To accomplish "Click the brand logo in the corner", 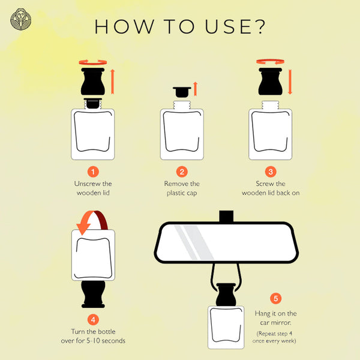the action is click(x=20, y=19).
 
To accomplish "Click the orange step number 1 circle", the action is click(x=93, y=172).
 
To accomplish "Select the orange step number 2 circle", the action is click(x=182, y=172).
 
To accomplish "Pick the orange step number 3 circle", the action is click(x=271, y=172).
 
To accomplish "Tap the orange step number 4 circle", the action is click(x=93, y=320).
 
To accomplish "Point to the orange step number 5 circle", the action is click(x=276, y=298).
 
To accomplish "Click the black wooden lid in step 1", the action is click(x=93, y=82).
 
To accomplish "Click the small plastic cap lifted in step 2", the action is click(x=182, y=92).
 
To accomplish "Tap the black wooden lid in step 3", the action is click(x=271, y=82).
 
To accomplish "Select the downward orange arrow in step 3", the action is click(x=290, y=82).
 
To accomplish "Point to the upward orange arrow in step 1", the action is click(x=113, y=82).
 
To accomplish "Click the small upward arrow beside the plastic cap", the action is click(x=195, y=89).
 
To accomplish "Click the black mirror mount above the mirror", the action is click(x=226, y=216).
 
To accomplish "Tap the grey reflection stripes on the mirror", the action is click(x=194, y=242).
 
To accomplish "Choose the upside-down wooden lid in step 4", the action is click(x=93, y=294).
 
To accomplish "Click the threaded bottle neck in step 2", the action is click(x=182, y=105).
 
